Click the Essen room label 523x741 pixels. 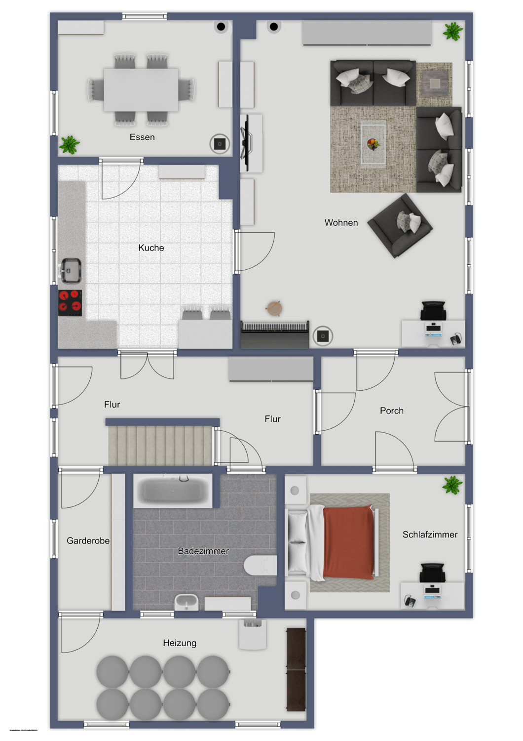click(142, 137)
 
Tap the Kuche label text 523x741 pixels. click(151, 248)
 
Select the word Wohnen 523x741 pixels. click(341, 223)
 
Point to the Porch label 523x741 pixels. click(391, 411)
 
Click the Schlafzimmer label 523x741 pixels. click(430, 535)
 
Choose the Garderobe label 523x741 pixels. click(88, 541)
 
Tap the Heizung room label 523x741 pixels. click(180, 643)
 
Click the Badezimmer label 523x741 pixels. click(203, 551)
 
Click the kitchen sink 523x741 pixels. click(71, 270)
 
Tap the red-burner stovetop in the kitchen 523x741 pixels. click(70, 302)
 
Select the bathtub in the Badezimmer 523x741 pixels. click(173, 491)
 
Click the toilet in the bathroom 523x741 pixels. click(260, 565)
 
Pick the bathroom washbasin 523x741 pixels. click(187, 602)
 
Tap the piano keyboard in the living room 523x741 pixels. click(275, 328)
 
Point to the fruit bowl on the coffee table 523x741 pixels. click(373, 144)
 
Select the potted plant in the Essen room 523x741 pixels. click(70, 145)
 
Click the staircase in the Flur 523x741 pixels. click(161, 445)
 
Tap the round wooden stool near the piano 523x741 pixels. click(274, 308)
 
